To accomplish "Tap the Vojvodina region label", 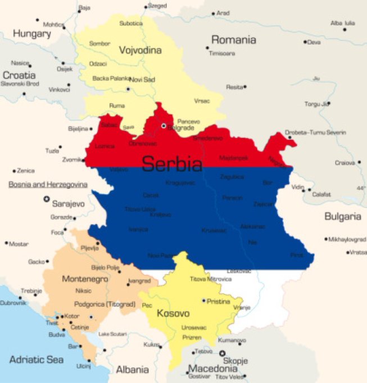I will point(140,50).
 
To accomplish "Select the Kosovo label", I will point(173,313).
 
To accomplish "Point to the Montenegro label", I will point(84,279).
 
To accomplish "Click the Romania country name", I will point(233,40).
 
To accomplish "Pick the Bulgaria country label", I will point(342,216).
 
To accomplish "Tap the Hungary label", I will point(32,34).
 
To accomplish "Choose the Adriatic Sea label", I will point(36,359).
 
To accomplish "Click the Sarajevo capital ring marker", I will point(46,199).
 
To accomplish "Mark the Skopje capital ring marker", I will point(222,354).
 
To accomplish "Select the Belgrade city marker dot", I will point(164,126).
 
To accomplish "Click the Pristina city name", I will point(219,302).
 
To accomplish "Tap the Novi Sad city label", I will point(142,79).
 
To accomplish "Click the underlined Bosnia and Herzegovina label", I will point(48,184).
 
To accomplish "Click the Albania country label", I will point(132,369).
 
